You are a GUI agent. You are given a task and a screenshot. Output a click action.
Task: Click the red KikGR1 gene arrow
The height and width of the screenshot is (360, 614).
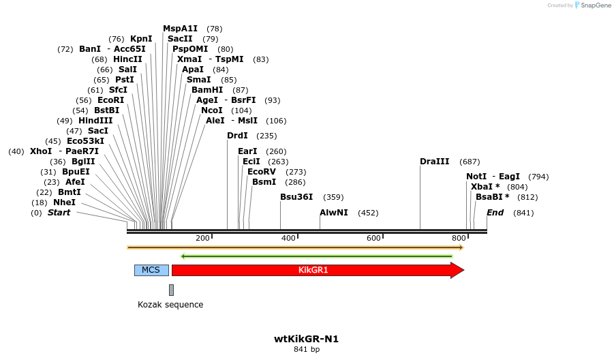(x=313, y=270)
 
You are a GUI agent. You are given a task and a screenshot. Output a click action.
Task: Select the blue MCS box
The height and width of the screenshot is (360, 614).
(x=151, y=270)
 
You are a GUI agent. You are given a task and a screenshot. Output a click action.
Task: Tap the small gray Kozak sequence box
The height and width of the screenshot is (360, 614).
(x=171, y=290)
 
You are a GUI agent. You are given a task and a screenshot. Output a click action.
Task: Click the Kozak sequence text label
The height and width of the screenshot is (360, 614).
(x=170, y=305)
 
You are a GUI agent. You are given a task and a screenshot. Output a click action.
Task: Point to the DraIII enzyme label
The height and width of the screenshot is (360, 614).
(x=435, y=162)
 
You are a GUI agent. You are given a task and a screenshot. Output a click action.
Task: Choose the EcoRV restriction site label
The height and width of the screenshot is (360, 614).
(x=262, y=172)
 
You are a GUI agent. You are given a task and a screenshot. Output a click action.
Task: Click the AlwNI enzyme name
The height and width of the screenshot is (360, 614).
(x=334, y=213)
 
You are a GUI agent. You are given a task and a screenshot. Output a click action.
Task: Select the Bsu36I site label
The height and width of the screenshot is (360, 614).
(x=296, y=197)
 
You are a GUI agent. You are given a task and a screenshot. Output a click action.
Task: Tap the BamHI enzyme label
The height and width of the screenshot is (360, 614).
(x=207, y=90)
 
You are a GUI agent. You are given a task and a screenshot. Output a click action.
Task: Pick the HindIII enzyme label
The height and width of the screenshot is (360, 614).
(x=95, y=121)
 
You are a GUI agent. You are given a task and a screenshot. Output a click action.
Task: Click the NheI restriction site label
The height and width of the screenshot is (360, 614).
(x=64, y=202)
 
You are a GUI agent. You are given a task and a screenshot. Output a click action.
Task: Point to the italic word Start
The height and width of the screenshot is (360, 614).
(x=59, y=213)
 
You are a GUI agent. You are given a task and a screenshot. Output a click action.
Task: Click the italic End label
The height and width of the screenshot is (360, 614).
(x=495, y=213)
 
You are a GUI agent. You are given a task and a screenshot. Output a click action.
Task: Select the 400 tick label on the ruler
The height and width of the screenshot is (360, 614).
(x=288, y=238)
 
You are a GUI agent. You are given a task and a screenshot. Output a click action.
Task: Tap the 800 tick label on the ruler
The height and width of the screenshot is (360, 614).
(x=459, y=238)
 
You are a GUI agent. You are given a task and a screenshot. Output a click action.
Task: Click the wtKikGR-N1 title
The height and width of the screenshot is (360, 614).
(x=306, y=339)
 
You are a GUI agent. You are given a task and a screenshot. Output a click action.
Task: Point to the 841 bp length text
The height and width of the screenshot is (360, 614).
(x=306, y=350)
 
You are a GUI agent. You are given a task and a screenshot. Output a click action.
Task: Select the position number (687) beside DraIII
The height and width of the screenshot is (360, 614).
(x=470, y=162)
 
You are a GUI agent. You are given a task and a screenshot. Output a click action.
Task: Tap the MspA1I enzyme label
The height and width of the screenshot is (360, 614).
(x=180, y=29)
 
